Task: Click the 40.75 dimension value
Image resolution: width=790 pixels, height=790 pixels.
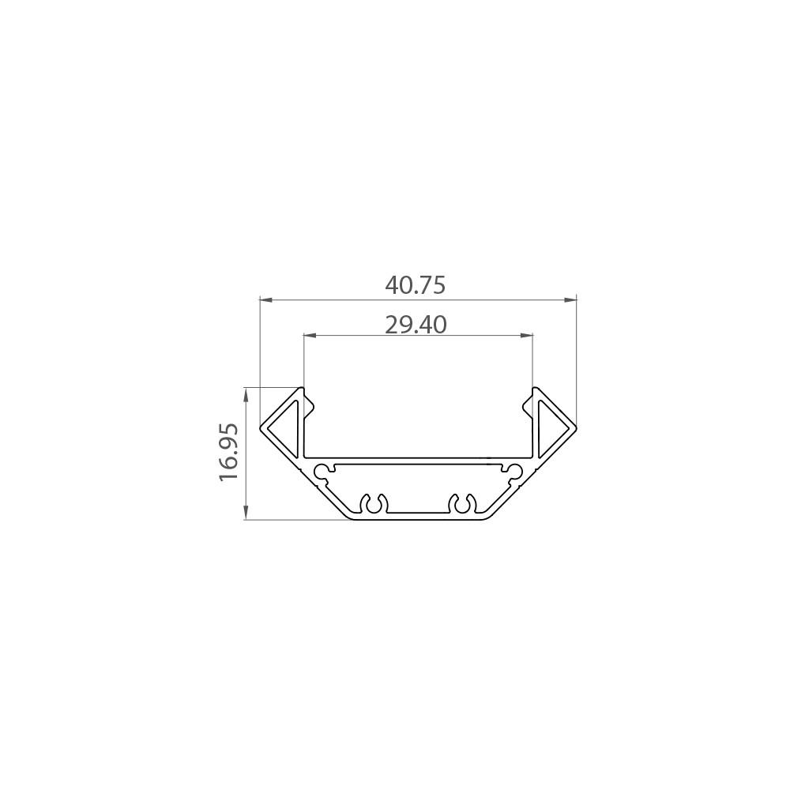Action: pos(416,285)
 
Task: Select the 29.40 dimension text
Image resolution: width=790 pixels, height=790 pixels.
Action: pos(416,324)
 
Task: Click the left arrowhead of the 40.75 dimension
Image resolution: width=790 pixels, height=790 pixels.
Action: pos(265,300)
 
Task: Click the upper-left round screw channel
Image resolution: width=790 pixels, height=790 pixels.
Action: pos(323,472)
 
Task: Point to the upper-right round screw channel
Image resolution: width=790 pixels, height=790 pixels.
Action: pos(514,472)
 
